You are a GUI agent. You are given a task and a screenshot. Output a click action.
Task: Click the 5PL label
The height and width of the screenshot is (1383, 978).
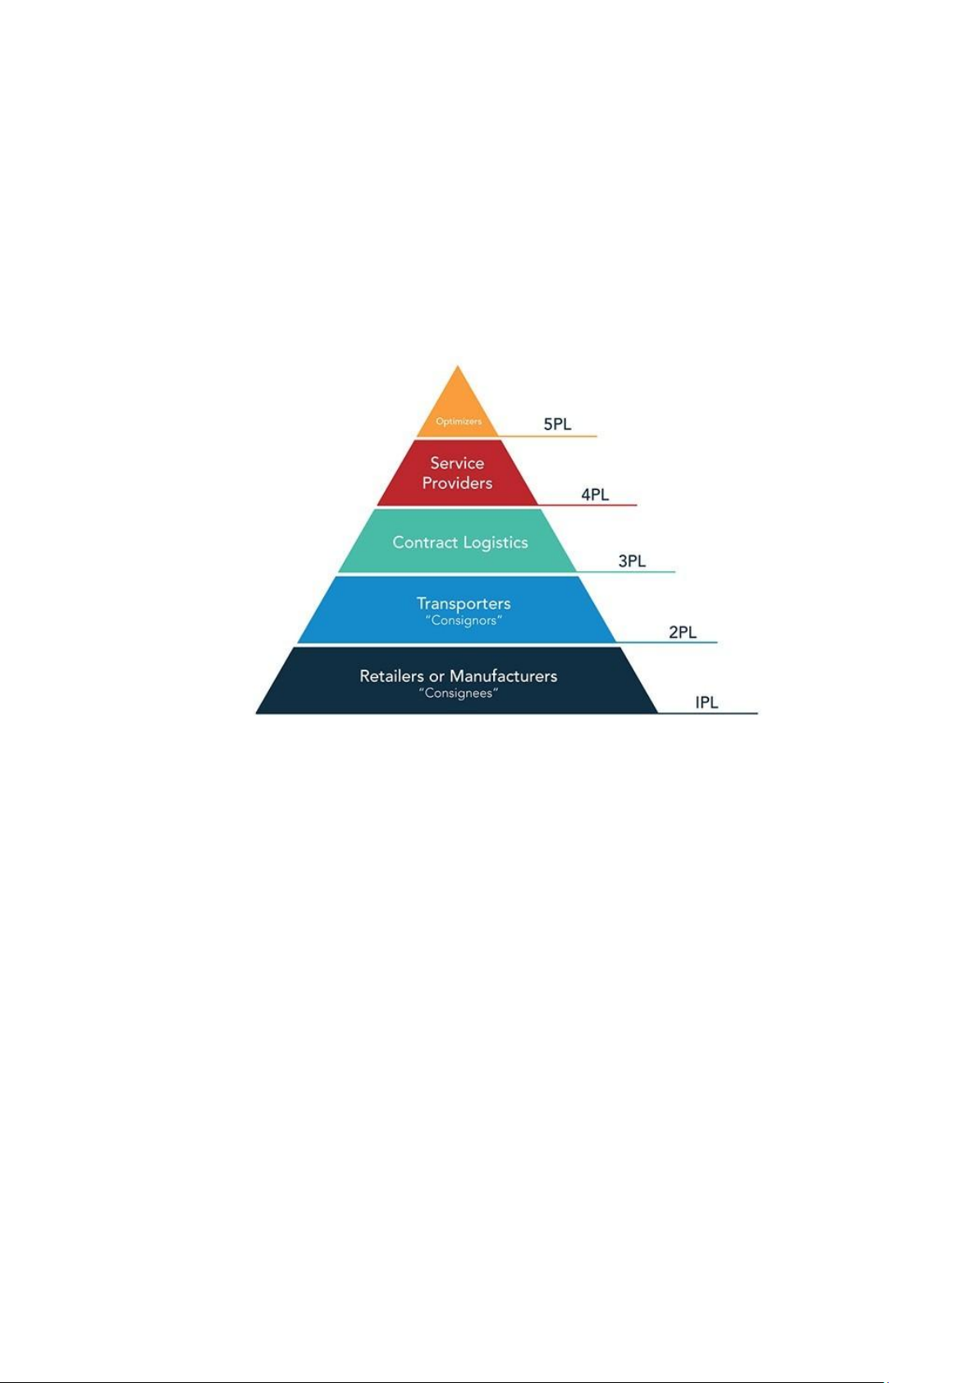pos(556,424)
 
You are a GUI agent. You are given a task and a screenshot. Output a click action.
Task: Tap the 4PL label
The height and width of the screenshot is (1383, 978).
pos(594,494)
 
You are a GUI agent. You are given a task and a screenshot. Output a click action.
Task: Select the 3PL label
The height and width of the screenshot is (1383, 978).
pos(632,561)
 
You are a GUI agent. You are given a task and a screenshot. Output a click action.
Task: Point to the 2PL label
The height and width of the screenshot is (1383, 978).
pos(683,632)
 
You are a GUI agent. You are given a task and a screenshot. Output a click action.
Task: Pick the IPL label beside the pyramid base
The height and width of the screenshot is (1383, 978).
pos(706,702)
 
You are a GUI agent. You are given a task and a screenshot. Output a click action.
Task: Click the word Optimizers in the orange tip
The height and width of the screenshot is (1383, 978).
pos(459,421)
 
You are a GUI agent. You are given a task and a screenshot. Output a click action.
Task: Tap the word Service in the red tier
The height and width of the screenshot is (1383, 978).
pos(457,463)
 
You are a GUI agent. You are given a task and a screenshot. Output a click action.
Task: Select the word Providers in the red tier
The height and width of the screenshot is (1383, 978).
pos(457,483)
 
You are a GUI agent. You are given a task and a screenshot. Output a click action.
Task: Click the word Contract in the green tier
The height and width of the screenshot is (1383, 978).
pos(425,542)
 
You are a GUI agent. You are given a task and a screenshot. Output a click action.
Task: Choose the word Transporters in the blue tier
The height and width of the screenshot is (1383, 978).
pos(464,603)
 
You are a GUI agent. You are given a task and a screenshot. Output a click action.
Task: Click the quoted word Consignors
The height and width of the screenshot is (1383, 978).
pos(464,621)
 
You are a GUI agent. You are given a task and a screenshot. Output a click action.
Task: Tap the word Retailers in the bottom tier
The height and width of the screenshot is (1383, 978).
pos(392,676)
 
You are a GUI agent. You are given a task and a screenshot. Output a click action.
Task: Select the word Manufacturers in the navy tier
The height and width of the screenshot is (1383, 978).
pos(503,676)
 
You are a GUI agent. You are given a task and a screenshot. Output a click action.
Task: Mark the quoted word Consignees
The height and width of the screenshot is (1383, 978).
pos(459,694)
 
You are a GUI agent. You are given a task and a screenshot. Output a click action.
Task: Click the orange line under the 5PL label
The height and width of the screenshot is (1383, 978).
pos(547,436)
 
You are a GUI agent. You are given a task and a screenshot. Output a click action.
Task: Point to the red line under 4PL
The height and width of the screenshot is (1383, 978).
pos(587,505)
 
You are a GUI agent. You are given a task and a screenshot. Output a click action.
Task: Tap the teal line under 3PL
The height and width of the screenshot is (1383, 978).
pos(626,572)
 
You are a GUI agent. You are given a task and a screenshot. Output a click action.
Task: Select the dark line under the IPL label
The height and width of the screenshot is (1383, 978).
pos(708,713)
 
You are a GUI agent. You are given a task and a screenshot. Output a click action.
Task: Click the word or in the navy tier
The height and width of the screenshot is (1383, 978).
pos(436,676)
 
